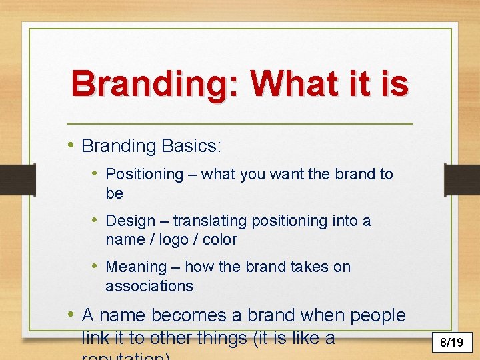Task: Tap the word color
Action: coord(221,239)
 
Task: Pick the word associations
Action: coord(149,286)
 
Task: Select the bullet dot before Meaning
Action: coord(97,267)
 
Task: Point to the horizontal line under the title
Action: coord(240,125)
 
